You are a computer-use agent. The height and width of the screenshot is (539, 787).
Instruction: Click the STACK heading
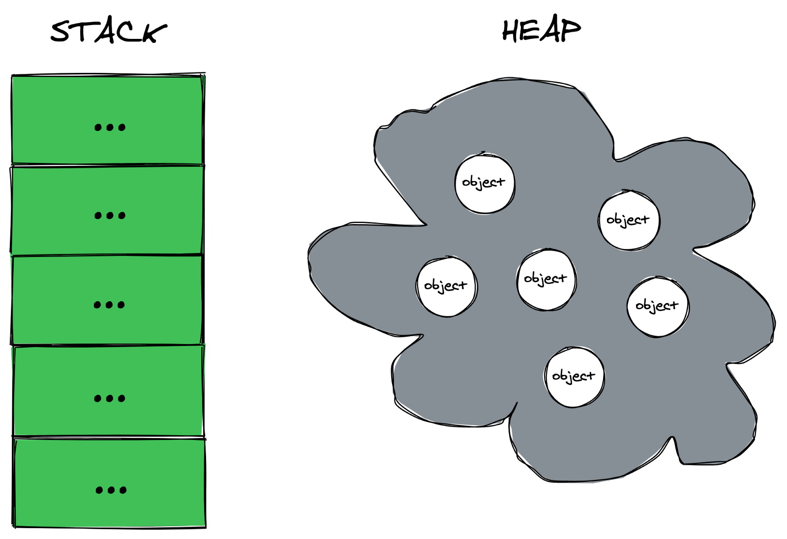[109, 32]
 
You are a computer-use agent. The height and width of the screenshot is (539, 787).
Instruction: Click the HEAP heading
[541, 31]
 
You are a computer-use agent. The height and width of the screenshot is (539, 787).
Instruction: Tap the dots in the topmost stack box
[110, 127]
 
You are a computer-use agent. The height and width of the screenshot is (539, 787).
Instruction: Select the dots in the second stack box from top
[110, 216]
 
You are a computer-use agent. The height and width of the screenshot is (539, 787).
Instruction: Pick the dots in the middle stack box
[109, 305]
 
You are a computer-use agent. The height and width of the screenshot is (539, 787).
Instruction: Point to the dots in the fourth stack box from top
[109, 398]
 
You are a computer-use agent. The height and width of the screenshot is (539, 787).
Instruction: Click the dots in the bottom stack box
[111, 490]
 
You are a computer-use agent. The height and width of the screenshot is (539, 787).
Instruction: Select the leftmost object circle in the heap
[447, 286]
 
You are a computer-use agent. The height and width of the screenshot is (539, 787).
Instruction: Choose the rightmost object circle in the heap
[658, 307]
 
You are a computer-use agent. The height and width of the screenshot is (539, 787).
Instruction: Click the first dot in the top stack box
[98, 127]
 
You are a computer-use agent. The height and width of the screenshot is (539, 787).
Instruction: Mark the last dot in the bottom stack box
[123, 490]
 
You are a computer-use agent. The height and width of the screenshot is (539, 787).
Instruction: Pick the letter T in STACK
[84, 32]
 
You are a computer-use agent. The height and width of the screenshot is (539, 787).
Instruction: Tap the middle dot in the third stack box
[109, 305]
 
